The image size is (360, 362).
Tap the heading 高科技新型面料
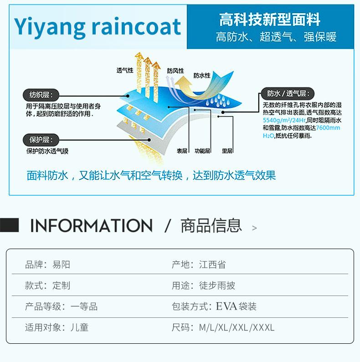(270, 20)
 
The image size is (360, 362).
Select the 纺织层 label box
(41, 95)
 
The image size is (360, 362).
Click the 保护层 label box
(41, 140)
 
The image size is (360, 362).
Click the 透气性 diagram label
(125, 71)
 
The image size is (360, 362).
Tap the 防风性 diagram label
(175, 71)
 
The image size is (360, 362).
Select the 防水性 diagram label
(202, 75)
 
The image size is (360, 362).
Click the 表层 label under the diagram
(182, 151)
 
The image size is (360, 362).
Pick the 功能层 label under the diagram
(202, 151)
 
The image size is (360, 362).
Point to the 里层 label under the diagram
(227, 151)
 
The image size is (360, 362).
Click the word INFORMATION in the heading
(91, 226)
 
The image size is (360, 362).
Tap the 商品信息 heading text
(211, 226)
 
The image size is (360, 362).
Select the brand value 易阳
(62, 265)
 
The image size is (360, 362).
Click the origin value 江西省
(212, 265)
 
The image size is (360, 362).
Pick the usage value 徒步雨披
(217, 286)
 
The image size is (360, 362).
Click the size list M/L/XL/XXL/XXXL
(237, 327)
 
